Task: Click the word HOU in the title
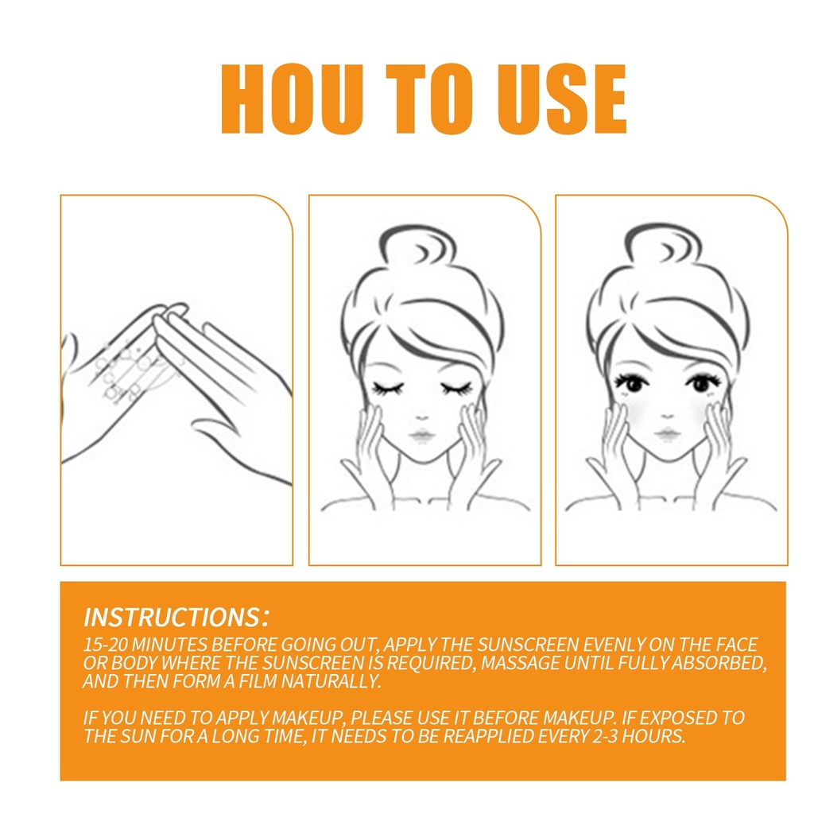tap(292, 99)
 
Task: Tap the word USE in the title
tap(562, 99)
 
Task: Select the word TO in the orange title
tap(429, 99)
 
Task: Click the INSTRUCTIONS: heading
tap(176, 617)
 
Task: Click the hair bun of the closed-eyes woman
tap(418, 246)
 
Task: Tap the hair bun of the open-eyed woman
tap(663, 245)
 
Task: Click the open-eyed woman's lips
tap(667, 433)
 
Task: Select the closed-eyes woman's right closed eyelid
tap(388, 388)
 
